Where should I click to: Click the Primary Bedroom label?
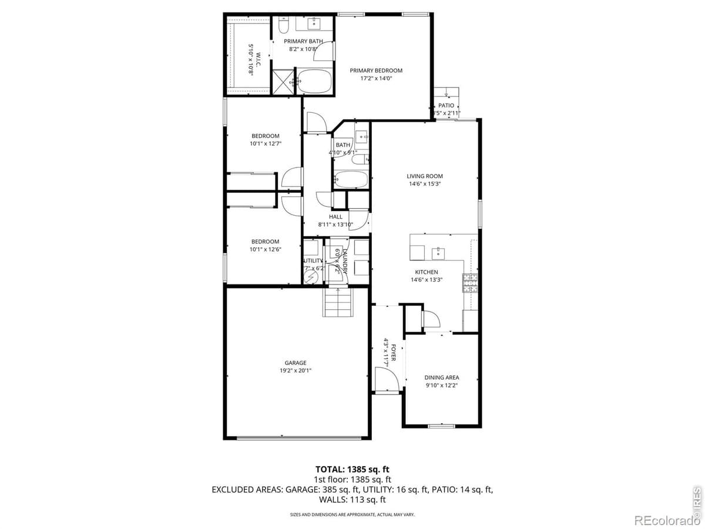point(376,71)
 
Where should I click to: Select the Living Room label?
point(424,176)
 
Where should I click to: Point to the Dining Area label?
point(442,377)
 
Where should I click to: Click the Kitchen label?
point(427,272)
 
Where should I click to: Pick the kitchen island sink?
point(438,253)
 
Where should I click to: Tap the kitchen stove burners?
point(471,283)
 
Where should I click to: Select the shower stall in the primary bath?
point(283,81)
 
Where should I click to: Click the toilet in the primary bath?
point(283,26)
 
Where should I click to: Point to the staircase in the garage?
point(339,302)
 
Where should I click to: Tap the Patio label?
point(446,105)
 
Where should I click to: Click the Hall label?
point(335,216)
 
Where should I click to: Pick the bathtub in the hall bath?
point(351,180)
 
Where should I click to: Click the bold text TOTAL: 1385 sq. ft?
point(352,469)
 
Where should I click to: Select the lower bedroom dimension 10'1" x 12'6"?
point(265,249)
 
